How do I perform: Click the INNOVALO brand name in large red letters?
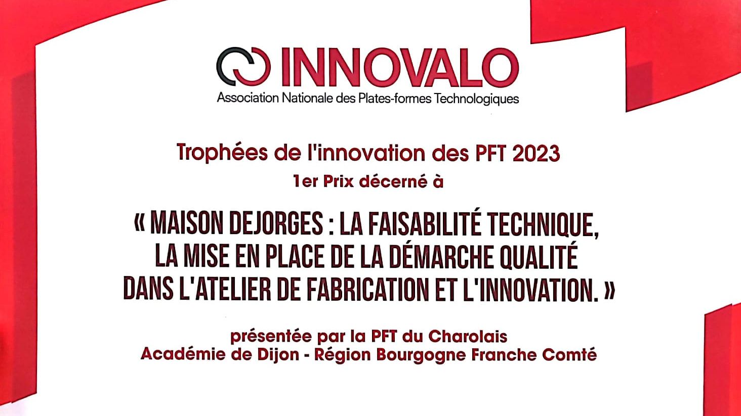[400, 67]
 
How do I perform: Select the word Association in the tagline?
[248, 98]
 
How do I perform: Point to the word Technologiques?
[476, 99]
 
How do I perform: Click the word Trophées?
[222, 152]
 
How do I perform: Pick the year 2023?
[536, 153]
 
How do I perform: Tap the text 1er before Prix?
[306, 181]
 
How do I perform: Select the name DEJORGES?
[276, 224]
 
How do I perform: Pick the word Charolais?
[468, 337]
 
